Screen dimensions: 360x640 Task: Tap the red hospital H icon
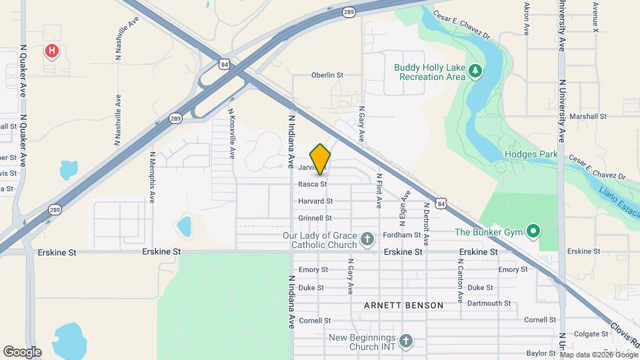(x=51, y=50)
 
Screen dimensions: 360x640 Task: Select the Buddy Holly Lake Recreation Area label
(x=429, y=72)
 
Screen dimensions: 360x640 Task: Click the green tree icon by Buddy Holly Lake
(x=475, y=70)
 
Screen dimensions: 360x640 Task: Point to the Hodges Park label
(x=526, y=154)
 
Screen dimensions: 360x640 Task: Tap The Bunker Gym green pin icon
(x=533, y=232)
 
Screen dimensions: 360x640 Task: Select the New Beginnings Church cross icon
(x=405, y=341)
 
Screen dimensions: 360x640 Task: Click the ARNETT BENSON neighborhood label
(x=403, y=305)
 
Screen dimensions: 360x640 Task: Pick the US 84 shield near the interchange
(x=225, y=64)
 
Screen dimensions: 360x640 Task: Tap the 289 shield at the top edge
(x=349, y=11)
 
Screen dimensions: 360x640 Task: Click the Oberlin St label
(x=327, y=75)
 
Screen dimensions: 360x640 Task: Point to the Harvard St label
(x=315, y=201)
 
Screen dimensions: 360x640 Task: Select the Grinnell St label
(x=315, y=218)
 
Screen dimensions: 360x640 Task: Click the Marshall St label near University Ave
(x=588, y=116)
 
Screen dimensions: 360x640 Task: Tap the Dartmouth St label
(x=489, y=303)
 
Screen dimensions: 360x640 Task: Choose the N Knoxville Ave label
(x=231, y=133)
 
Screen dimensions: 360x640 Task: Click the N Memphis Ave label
(x=152, y=177)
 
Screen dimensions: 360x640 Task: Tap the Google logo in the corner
(x=22, y=351)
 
